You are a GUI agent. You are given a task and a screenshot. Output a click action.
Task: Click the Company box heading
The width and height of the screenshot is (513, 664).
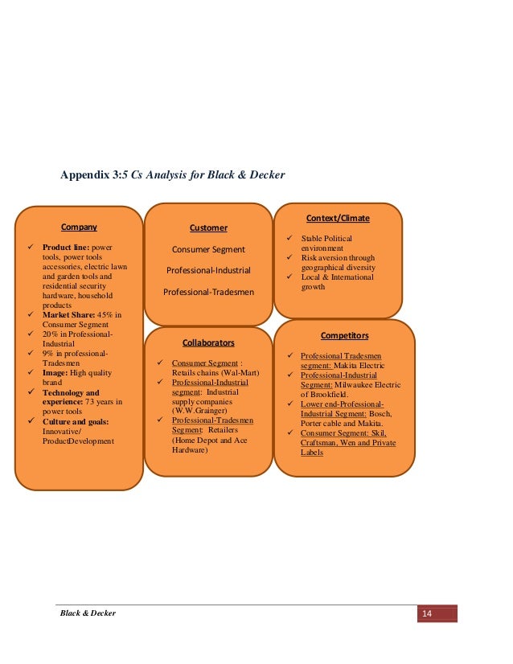pyautogui.click(x=79, y=227)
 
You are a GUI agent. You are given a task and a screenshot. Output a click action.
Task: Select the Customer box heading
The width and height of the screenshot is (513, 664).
pyautogui.click(x=208, y=227)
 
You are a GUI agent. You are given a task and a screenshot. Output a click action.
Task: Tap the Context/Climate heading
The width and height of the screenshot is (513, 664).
pyautogui.click(x=338, y=218)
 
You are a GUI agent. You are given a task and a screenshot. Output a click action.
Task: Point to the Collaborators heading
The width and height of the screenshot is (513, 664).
pyautogui.click(x=208, y=342)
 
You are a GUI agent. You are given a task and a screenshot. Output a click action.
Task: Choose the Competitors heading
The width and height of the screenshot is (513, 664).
pyautogui.click(x=344, y=334)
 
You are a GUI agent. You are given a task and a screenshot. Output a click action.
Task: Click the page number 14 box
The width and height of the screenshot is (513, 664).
pyautogui.click(x=427, y=614)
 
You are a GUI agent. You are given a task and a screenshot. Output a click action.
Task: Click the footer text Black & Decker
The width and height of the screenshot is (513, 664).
pyautogui.click(x=89, y=613)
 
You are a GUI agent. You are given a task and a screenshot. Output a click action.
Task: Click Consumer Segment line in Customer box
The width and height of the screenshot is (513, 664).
pyautogui.click(x=208, y=249)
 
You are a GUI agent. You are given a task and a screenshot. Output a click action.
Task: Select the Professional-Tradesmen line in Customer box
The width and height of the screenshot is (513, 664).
pyautogui.click(x=208, y=292)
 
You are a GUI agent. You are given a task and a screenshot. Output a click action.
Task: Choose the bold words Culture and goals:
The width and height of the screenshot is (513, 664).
pyautogui.click(x=76, y=420)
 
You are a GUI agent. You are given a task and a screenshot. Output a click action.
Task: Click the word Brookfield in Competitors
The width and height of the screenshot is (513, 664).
pyautogui.click(x=332, y=395)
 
